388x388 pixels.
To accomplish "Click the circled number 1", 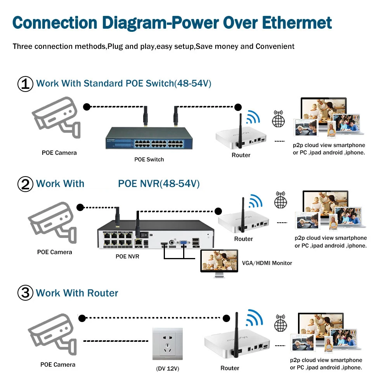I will pyautogui.click(x=26, y=84).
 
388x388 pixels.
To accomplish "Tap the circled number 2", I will pyautogui.click(x=26, y=184).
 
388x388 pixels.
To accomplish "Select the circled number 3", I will pyautogui.click(x=26, y=293).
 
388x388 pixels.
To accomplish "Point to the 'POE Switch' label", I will pyautogui.click(x=149, y=159).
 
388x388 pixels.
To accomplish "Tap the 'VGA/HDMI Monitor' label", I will pyautogui.click(x=267, y=263).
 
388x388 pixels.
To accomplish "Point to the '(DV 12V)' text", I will pyautogui.click(x=167, y=368).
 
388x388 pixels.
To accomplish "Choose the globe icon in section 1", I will pyautogui.click(x=278, y=119).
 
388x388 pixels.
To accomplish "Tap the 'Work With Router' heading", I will pyautogui.click(x=77, y=293).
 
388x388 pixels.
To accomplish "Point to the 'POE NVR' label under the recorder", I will pyautogui.click(x=127, y=256).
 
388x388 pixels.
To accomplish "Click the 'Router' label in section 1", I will pyautogui.click(x=241, y=155).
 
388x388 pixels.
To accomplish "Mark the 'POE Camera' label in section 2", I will pyautogui.click(x=55, y=252).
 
